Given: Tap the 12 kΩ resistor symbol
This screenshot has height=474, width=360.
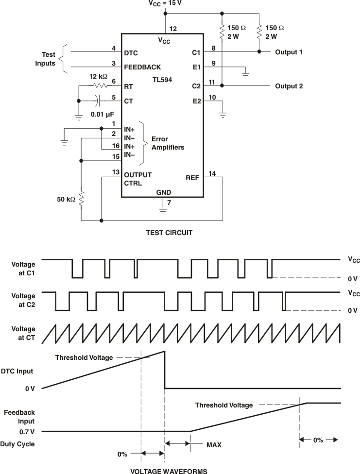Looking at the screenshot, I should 100,86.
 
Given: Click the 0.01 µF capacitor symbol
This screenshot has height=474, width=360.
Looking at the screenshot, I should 99,101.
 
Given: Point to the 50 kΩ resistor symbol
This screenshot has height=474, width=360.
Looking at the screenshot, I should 81,198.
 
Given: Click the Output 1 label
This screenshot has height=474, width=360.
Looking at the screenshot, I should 289,52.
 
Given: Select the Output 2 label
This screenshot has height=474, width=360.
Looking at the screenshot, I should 289,86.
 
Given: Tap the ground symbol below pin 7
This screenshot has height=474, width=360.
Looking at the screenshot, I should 163,211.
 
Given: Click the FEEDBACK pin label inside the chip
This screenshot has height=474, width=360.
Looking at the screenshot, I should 142,67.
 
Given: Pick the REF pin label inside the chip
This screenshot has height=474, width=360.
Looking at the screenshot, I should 192,178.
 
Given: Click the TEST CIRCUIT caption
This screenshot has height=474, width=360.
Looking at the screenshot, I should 169,233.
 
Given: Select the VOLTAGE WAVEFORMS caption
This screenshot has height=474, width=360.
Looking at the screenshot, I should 169,471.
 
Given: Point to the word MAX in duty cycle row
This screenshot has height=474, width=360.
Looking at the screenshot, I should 214,444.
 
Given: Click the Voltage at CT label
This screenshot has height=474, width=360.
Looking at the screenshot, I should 23,333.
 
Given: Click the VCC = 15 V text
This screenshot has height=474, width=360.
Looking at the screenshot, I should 166,3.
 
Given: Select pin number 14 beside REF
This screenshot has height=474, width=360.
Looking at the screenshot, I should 212,173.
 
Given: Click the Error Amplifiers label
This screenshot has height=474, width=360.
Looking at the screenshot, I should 168,143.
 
